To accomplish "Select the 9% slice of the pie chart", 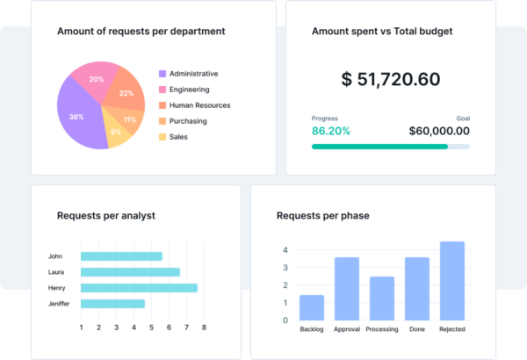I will pos(115,132).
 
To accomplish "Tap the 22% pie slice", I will pos(126,93).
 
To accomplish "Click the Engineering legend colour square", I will pos(162,90).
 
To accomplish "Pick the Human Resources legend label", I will pos(199,105).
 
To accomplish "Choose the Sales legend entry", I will pos(178,137).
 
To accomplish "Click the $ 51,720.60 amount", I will pos(390,79).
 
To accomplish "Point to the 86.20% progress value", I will pos(331,132).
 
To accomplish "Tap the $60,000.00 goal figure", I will pos(439,132).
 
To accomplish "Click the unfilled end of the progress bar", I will pos(458,147).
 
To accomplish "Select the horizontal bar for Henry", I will pos(139,288).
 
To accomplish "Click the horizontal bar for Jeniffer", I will pos(112,304).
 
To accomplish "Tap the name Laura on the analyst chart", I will pos(58,272).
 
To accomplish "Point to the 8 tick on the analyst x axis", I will pos(204,328).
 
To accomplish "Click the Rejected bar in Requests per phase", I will pos(451,281).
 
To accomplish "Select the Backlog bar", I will pos(312,307).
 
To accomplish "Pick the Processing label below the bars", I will pos(381,330).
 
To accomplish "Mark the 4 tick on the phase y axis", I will pos(285,250).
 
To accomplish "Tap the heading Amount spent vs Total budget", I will pos(383,32).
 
